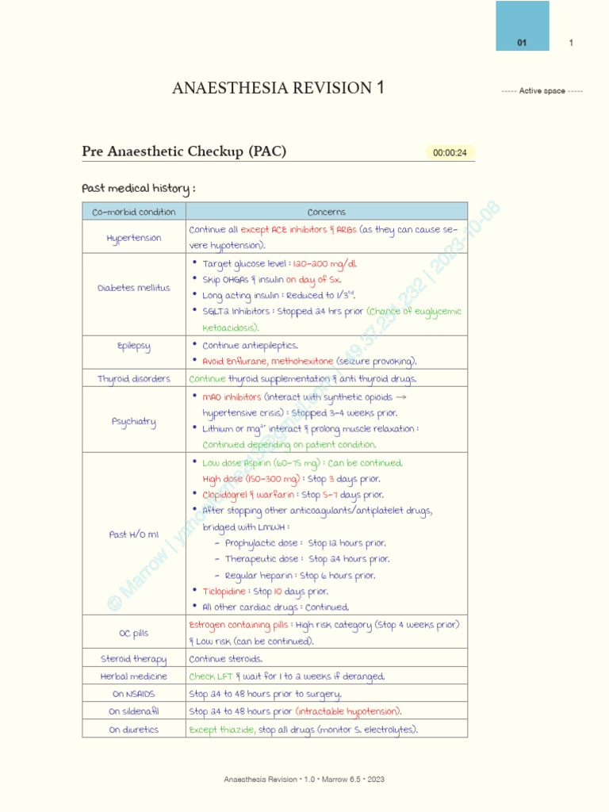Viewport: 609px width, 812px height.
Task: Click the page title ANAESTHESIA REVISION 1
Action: [x=278, y=88]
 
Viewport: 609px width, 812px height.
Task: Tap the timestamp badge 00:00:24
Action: [x=450, y=153]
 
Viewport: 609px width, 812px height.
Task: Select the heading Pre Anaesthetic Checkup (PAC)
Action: [x=184, y=151]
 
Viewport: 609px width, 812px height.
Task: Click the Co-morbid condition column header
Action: [x=134, y=212]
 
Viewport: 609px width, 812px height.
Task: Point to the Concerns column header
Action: [x=326, y=212]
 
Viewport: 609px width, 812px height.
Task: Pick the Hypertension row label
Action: [x=134, y=238]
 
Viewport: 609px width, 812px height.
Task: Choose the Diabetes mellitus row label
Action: [x=134, y=288]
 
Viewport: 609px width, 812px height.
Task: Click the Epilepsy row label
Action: [x=134, y=346]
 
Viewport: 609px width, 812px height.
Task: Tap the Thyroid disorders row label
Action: [x=134, y=379]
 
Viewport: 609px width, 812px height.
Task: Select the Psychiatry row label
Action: [x=134, y=421]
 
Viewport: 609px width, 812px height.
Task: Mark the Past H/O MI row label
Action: [x=134, y=534]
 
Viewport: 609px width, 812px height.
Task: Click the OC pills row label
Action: [x=134, y=633]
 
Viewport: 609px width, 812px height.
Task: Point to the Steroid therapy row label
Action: [x=134, y=659]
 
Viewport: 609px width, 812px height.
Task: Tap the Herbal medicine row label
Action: [x=134, y=676]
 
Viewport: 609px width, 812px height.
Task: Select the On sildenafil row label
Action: [x=134, y=711]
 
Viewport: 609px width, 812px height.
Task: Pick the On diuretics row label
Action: [x=134, y=730]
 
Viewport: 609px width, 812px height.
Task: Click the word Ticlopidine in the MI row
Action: [x=225, y=592]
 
